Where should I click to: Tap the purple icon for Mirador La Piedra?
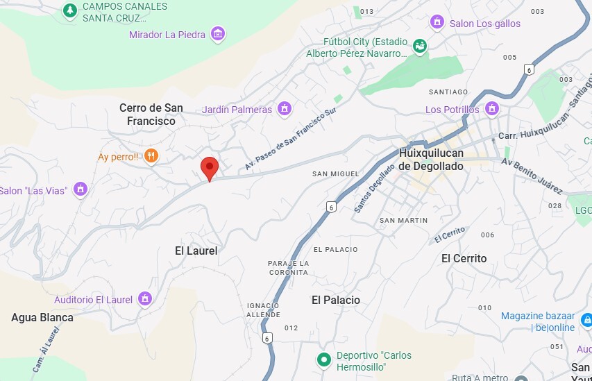218,34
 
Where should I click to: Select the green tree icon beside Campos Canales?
69,10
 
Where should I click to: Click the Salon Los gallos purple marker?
437,23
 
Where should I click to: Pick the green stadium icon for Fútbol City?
419,46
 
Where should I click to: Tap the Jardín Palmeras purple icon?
283,109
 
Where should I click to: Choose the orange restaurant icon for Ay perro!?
151,156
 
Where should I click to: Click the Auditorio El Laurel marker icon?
144,299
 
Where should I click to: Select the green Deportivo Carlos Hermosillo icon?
323,359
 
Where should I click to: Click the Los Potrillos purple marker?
492,109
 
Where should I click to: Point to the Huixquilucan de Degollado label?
431,160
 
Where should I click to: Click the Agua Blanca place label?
42,317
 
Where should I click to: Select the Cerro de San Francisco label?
151,114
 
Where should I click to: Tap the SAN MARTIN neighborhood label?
403,220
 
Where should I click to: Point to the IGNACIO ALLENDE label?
263,310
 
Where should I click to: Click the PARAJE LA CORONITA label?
288,267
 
